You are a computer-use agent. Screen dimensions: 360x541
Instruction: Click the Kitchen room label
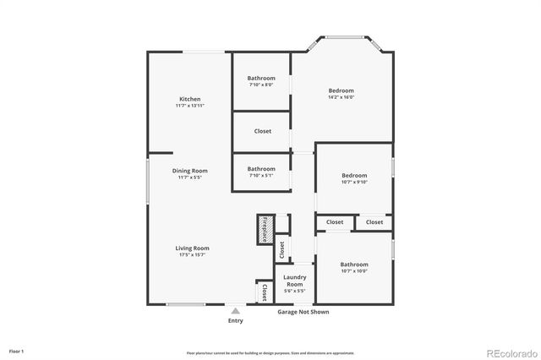[189, 99]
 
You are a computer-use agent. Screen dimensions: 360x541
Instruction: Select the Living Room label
[192, 248]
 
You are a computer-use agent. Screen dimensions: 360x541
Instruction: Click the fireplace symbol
[264, 229]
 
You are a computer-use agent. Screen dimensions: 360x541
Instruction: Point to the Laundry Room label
[294, 280]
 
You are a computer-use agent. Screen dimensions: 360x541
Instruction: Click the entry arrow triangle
[236, 311]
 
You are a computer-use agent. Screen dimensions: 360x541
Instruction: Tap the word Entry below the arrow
[236, 320]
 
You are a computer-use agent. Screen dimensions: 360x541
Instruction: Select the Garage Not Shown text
[303, 312]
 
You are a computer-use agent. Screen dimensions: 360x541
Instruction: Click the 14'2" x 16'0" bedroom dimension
[341, 97]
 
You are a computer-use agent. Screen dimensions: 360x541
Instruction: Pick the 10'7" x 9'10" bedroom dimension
[353, 182]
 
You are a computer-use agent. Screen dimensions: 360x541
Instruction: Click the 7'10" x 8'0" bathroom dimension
[261, 85]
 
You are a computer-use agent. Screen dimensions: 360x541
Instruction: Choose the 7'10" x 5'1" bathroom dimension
[261, 175]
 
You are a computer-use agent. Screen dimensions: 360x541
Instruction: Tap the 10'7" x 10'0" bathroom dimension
[353, 271]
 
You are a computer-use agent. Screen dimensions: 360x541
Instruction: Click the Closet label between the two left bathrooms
[262, 131]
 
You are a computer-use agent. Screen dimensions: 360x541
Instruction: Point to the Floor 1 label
[17, 351]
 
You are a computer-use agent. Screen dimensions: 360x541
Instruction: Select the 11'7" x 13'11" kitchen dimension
[189, 106]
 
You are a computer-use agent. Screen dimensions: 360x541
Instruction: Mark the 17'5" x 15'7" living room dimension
[192, 254]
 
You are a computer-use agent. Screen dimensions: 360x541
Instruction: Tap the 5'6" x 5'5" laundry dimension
[294, 292]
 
